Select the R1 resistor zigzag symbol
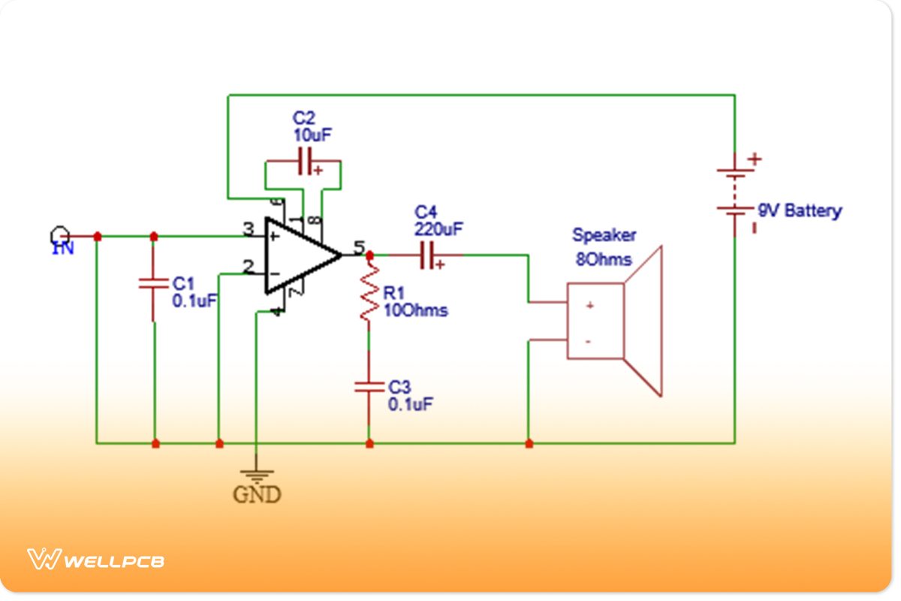tap(369, 297)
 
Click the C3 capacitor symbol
tap(369, 387)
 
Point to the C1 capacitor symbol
tap(154, 284)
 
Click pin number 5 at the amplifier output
tap(358, 247)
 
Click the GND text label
tap(257, 495)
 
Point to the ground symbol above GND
tap(257, 475)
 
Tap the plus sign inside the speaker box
tap(590, 305)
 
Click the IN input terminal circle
tap(59, 234)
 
